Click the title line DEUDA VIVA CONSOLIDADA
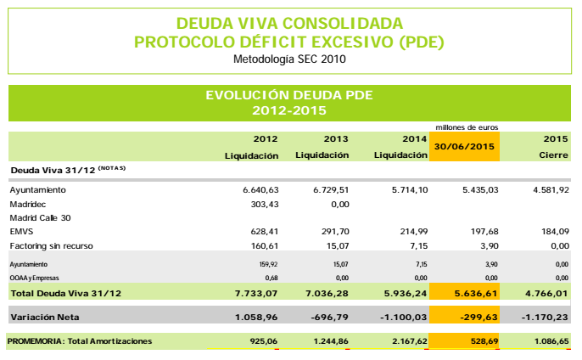(x=289, y=23)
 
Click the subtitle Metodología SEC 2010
(x=289, y=59)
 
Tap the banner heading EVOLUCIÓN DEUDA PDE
(x=289, y=94)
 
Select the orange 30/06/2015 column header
(x=465, y=146)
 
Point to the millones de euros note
(x=465, y=127)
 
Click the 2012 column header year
(x=266, y=138)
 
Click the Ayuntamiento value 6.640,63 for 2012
(x=260, y=189)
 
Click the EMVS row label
(x=20, y=232)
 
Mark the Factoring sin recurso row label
(x=50, y=245)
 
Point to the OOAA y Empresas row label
(x=34, y=277)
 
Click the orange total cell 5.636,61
(x=465, y=293)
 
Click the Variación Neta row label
(x=45, y=318)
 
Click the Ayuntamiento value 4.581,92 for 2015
(x=550, y=189)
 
